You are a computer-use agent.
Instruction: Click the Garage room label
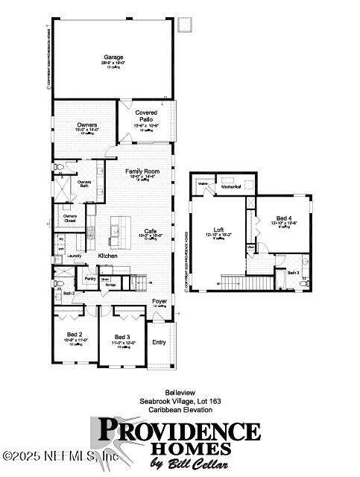[x=113, y=57]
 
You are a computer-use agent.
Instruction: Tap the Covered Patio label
[x=146, y=116]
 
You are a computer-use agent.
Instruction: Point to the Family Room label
[x=142, y=171]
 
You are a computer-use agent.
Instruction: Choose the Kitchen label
[x=108, y=256]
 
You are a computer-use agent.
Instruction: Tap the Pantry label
[x=90, y=278]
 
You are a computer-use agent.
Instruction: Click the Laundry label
[x=74, y=256]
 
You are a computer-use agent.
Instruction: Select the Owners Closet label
[x=69, y=218]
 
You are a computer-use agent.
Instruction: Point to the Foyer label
[x=160, y=301]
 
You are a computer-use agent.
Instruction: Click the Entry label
[x=160, y=342]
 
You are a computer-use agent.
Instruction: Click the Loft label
[x=218, y=229]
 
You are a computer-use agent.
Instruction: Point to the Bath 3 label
[x=293, y=273]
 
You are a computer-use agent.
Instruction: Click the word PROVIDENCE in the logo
[x=180, y=430]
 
